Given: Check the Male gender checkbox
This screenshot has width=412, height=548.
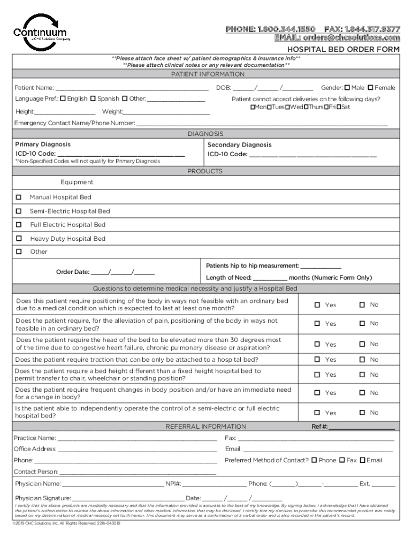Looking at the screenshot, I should [x=347, y=87].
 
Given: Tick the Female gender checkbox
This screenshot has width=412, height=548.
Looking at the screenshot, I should [x=370, y=87].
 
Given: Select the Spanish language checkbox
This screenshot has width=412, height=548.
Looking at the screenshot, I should [x=93, y=98].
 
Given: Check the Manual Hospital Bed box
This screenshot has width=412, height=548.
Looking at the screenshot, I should [x=19, y=197].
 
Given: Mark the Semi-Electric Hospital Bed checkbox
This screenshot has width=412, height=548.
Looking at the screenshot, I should [x=19, y=211].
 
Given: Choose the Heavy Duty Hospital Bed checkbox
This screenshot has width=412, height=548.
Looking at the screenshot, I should [x=19, y=239].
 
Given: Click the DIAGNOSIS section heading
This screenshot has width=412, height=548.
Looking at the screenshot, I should [x=205, y=134].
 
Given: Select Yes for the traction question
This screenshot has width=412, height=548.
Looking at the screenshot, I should [x=317, y=360].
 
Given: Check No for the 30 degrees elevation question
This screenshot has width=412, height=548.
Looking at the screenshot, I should [x=362, y=344].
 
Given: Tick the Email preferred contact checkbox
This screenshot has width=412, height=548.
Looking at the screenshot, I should [x=362, y=460].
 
